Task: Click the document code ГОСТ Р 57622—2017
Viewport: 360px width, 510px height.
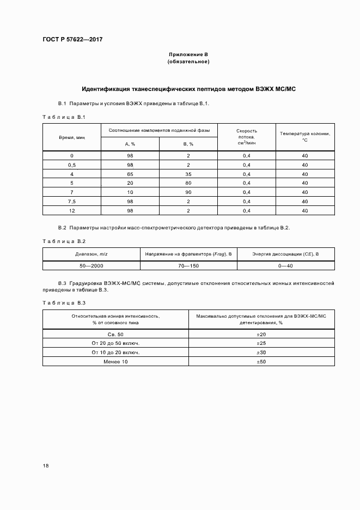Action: click(72, 40)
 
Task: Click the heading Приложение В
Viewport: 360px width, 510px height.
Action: click(188, 55)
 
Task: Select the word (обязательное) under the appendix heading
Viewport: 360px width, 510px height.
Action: click(188, 62)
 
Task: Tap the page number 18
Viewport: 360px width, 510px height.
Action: click(46, 465)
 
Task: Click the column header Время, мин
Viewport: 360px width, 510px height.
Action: click(71, 137)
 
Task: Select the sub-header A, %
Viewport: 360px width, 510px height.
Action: click(130, 144)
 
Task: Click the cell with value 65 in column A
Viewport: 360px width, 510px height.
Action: click(130, 174)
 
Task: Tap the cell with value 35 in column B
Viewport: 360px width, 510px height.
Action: click(188, 174)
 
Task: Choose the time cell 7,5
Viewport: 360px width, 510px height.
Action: click(71, 201)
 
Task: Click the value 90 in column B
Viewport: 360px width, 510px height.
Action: click(188, 192)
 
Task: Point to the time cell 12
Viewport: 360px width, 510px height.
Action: click(71, 210)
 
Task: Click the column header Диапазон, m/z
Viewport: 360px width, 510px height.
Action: click(91, 254)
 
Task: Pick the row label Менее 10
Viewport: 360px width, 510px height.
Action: click(115, 362)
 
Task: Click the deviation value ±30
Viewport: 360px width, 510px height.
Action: click(261, 353)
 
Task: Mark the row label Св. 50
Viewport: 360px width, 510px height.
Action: click(115, 333)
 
